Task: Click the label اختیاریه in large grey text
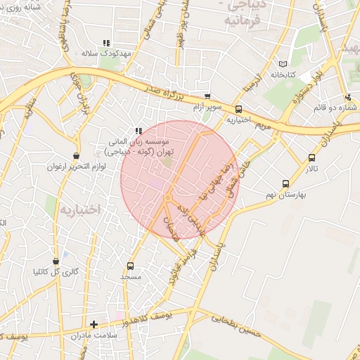tap(80, 210)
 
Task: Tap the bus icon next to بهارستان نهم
tap(285, 184)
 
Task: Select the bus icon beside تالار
tap(311, 157)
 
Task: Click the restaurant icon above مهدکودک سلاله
tap(107, 43)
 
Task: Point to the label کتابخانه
tap(284, 74)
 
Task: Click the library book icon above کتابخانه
tap(284, 63)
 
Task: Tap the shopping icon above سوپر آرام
tap(207, 97)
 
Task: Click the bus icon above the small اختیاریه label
tap(238, 109)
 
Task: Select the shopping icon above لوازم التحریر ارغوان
tap(76, 156)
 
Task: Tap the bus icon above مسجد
tap(130, 266)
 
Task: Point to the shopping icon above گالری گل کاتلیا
tap(56, 261)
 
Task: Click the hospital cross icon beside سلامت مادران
tap(94, 324)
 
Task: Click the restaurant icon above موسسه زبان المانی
tap(139, 131)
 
